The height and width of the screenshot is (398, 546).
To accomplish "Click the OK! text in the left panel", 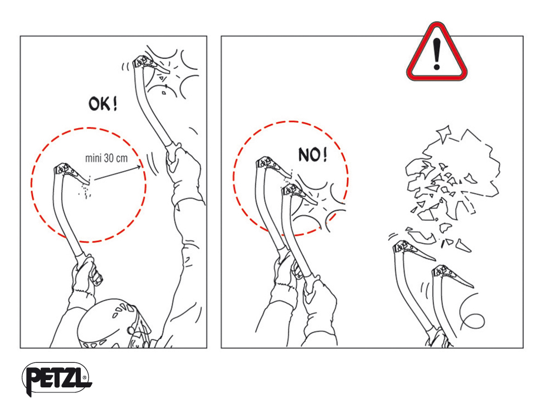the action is pyautogui.click(x=103, y=104).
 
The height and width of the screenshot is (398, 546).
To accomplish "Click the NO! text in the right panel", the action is pyautogui.click(x=313, y=154).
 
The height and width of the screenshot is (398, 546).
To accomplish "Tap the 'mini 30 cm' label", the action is pyautogui.click(x=106, y=158).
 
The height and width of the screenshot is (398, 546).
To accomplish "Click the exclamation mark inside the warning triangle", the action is pyautogui.click(x=437, y=54).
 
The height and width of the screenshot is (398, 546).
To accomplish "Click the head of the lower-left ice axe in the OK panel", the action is pyautogui.click(x=71, y=172).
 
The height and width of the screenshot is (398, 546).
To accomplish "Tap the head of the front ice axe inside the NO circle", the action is pyautogui.click(x=300, y=193).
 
